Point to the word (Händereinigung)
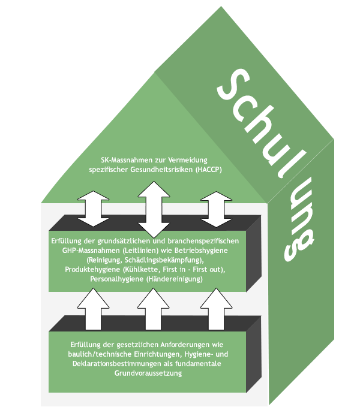[177, 279]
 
